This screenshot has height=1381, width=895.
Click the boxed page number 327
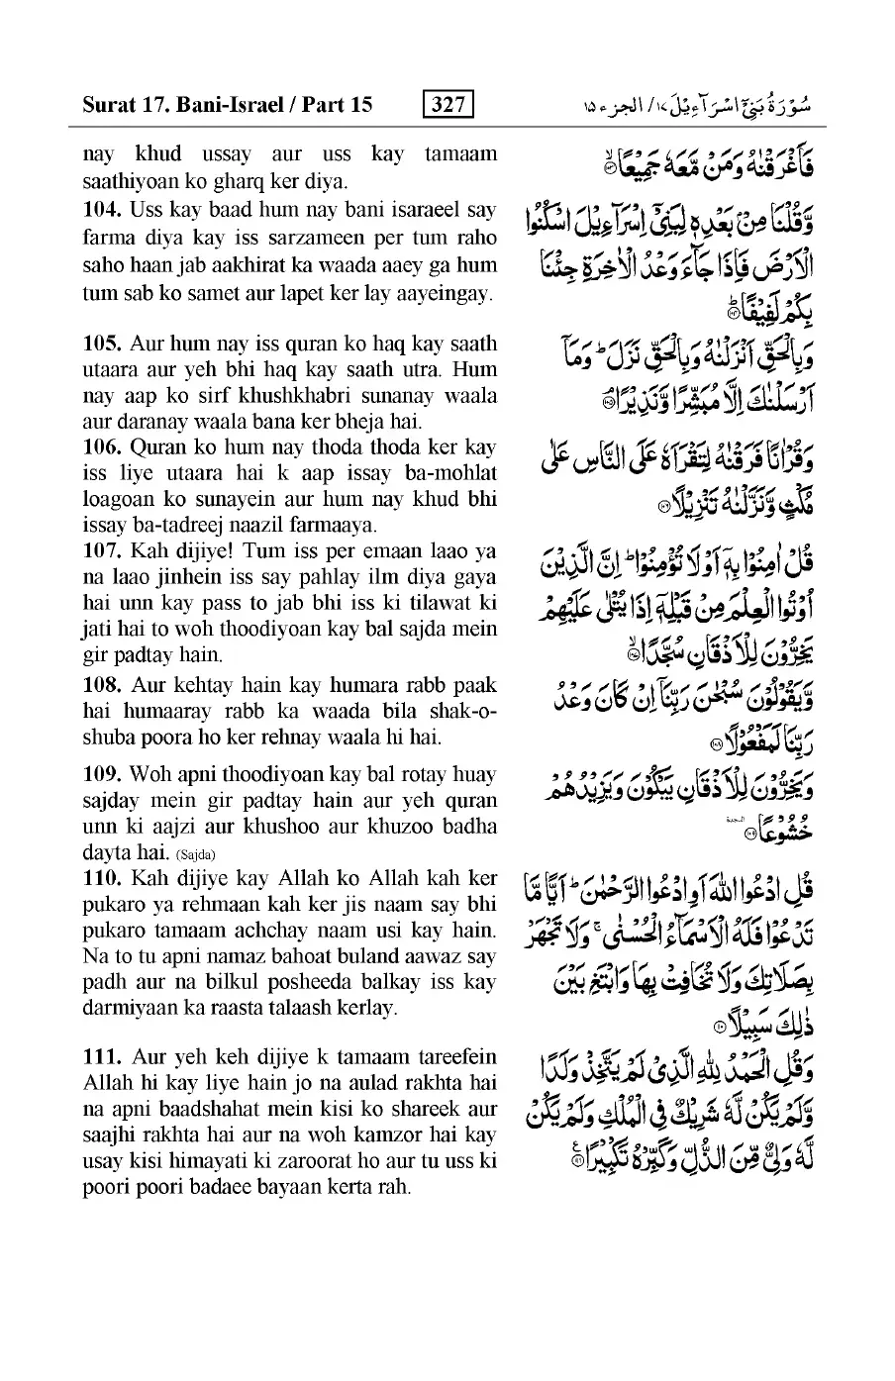(x=447, y=104)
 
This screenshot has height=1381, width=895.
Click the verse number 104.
(x=101, y=212)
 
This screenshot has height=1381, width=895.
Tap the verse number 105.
(x=101, y=344)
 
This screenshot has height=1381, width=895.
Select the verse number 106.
(x=101, y=447)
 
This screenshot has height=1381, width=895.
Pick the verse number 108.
(x=101, y=685)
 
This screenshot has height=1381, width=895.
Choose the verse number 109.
(x=101, y=775)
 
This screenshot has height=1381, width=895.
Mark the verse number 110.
(x=101, y=878)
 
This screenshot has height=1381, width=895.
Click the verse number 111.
(x=101, y=1056)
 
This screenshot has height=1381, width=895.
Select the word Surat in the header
(x=110, y=104)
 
